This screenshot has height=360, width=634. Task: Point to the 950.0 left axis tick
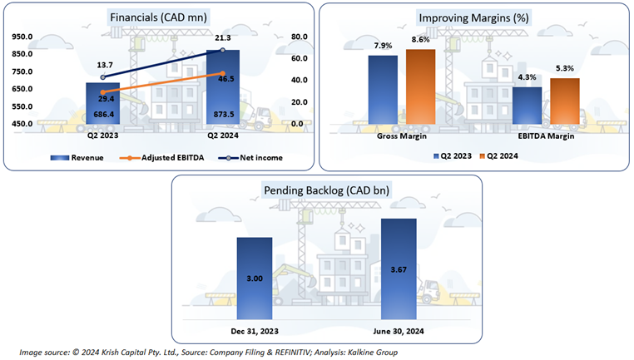pyautogui.click(x=22, y=37)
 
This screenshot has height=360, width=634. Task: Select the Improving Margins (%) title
pyautogui.click(x=475, y=18)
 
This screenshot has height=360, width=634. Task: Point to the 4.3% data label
pyautogui.click(x=504, y=76)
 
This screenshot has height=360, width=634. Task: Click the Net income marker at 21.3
pyautogui.click(x=223, y=50)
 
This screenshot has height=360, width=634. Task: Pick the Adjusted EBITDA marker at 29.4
pyautogui.click(x=103, y=91)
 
